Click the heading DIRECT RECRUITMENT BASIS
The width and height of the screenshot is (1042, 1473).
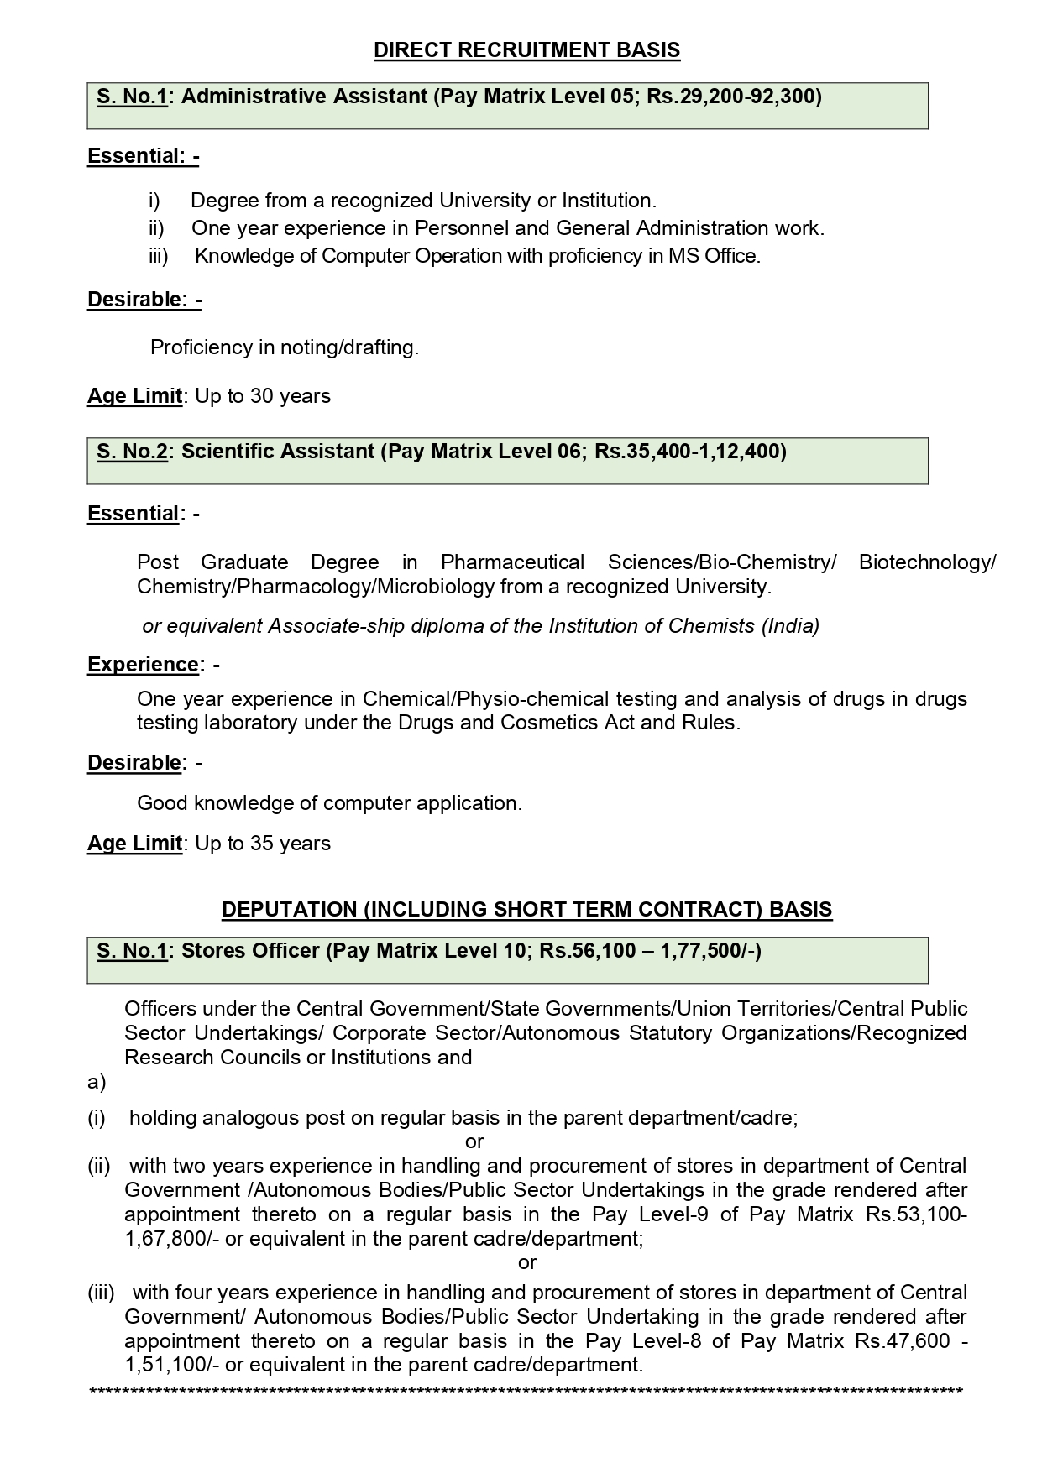[526, 50]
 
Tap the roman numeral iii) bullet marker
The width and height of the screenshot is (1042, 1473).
[158, 257]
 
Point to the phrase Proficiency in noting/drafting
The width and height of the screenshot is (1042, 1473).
[284, 347]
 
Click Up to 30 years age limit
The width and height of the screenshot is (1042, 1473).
[262, 396]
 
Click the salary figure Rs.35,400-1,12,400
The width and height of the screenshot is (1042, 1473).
[689, 452]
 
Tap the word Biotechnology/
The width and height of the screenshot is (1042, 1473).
[926, 562]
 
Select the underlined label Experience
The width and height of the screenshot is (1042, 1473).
[142, 665]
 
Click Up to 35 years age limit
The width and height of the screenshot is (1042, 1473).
[262, 844]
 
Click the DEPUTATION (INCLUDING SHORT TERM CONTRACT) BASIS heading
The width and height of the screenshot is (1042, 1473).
[526, 910]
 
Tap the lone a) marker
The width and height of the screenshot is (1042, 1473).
[97, 1083]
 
